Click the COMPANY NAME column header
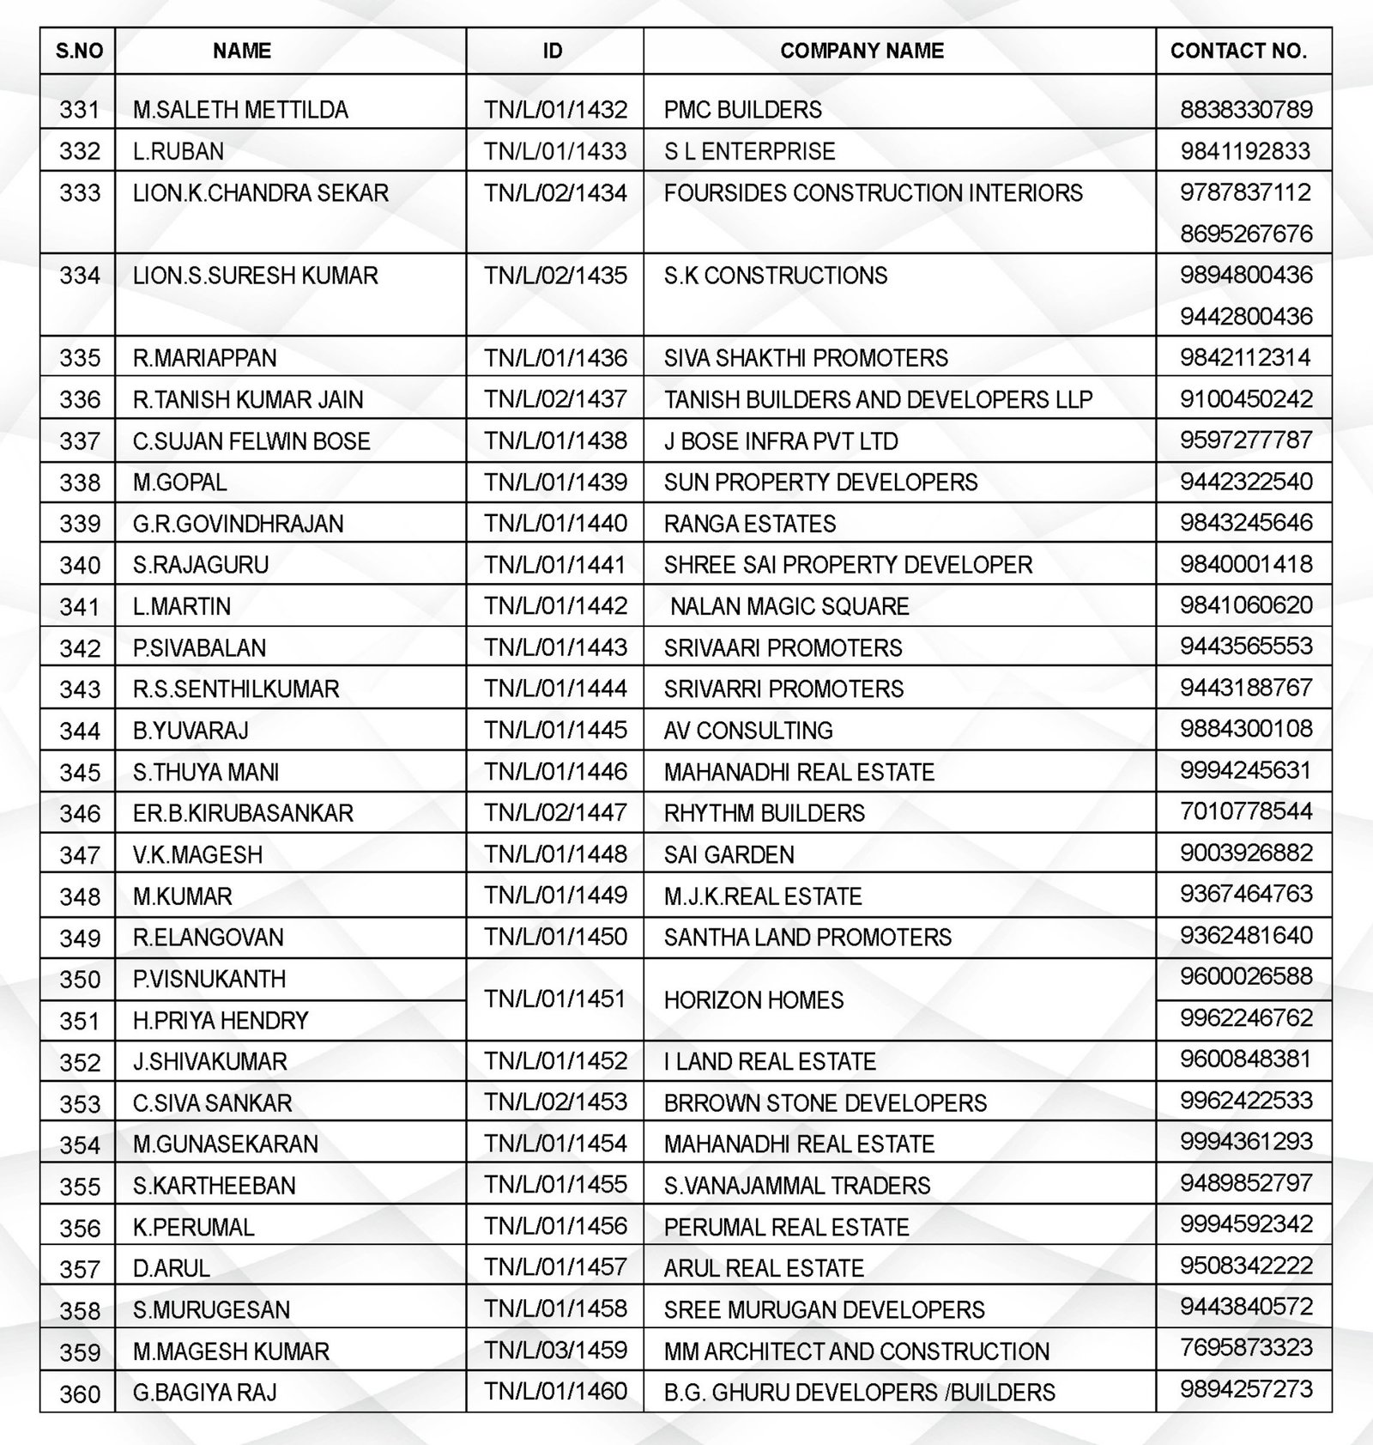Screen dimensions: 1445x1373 pos(862,52)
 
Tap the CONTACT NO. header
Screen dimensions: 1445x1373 pos(1238,52)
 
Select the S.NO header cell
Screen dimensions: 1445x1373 pos(79,52)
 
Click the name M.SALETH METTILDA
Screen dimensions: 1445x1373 pos(240,110)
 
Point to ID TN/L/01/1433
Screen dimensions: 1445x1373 pos(555,151)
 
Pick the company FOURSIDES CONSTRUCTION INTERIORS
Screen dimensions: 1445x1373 pos(873,193)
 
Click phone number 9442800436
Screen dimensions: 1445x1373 pos(1246,317)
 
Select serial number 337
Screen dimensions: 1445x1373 pos(79,441)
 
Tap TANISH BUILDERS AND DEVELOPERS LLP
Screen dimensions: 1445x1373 pos(878,399)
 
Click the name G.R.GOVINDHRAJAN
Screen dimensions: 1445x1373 pos(238,524)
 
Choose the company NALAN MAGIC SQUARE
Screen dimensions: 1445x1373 pos(789,606)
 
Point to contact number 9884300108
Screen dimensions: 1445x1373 pos(1246,729)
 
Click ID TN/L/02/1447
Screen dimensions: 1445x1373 pos(555,812)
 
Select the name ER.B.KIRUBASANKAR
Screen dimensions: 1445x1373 pos(243,813)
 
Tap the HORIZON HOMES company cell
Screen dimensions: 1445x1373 pos(753,1000)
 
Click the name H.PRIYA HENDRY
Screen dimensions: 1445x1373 pos(221,1021)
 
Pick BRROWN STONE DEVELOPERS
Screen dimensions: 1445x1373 pos(825,1103)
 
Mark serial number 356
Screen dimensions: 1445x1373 pos(79,1228)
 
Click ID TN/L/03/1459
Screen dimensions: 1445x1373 pos(555,1350)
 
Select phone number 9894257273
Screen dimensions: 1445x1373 pos(1246,1389)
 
